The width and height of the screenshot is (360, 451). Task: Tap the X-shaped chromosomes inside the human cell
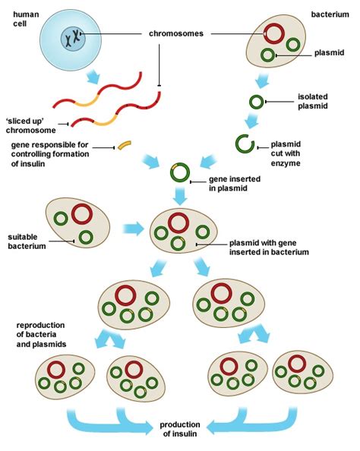click(x=74, y=35)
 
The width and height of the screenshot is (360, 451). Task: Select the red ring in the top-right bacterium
click(x=276, y=34)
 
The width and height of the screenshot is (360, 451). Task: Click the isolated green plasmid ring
click(x=258, y=101)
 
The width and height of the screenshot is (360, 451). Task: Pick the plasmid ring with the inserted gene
click(x=180, y=173)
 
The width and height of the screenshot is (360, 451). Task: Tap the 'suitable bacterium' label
click(x=28, y=241)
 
